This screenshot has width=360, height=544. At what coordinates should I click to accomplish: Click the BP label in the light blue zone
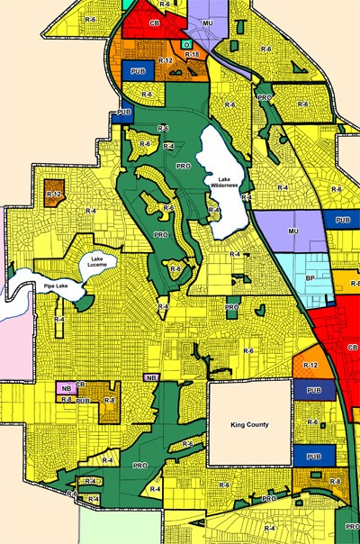310,278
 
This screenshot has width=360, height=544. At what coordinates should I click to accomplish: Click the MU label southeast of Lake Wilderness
292,231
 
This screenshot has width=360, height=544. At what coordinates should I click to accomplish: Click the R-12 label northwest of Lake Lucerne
54,194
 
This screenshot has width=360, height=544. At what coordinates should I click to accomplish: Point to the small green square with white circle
185,43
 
